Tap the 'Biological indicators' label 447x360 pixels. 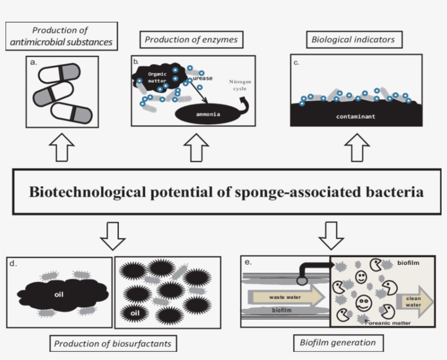352,40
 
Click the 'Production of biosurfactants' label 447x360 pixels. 116,344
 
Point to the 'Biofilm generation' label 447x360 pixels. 337,343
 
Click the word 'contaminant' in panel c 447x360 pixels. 355,117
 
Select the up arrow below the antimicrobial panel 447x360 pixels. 62,148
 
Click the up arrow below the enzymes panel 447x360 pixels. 195,148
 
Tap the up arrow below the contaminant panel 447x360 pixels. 357,148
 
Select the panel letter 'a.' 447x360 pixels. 34,62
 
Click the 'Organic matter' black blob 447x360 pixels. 155,76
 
